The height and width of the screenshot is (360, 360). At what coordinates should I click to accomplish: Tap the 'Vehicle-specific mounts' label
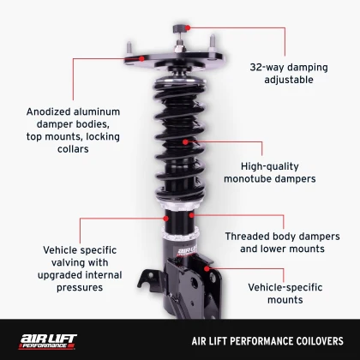285,293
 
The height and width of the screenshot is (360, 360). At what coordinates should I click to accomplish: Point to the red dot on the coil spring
195,141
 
